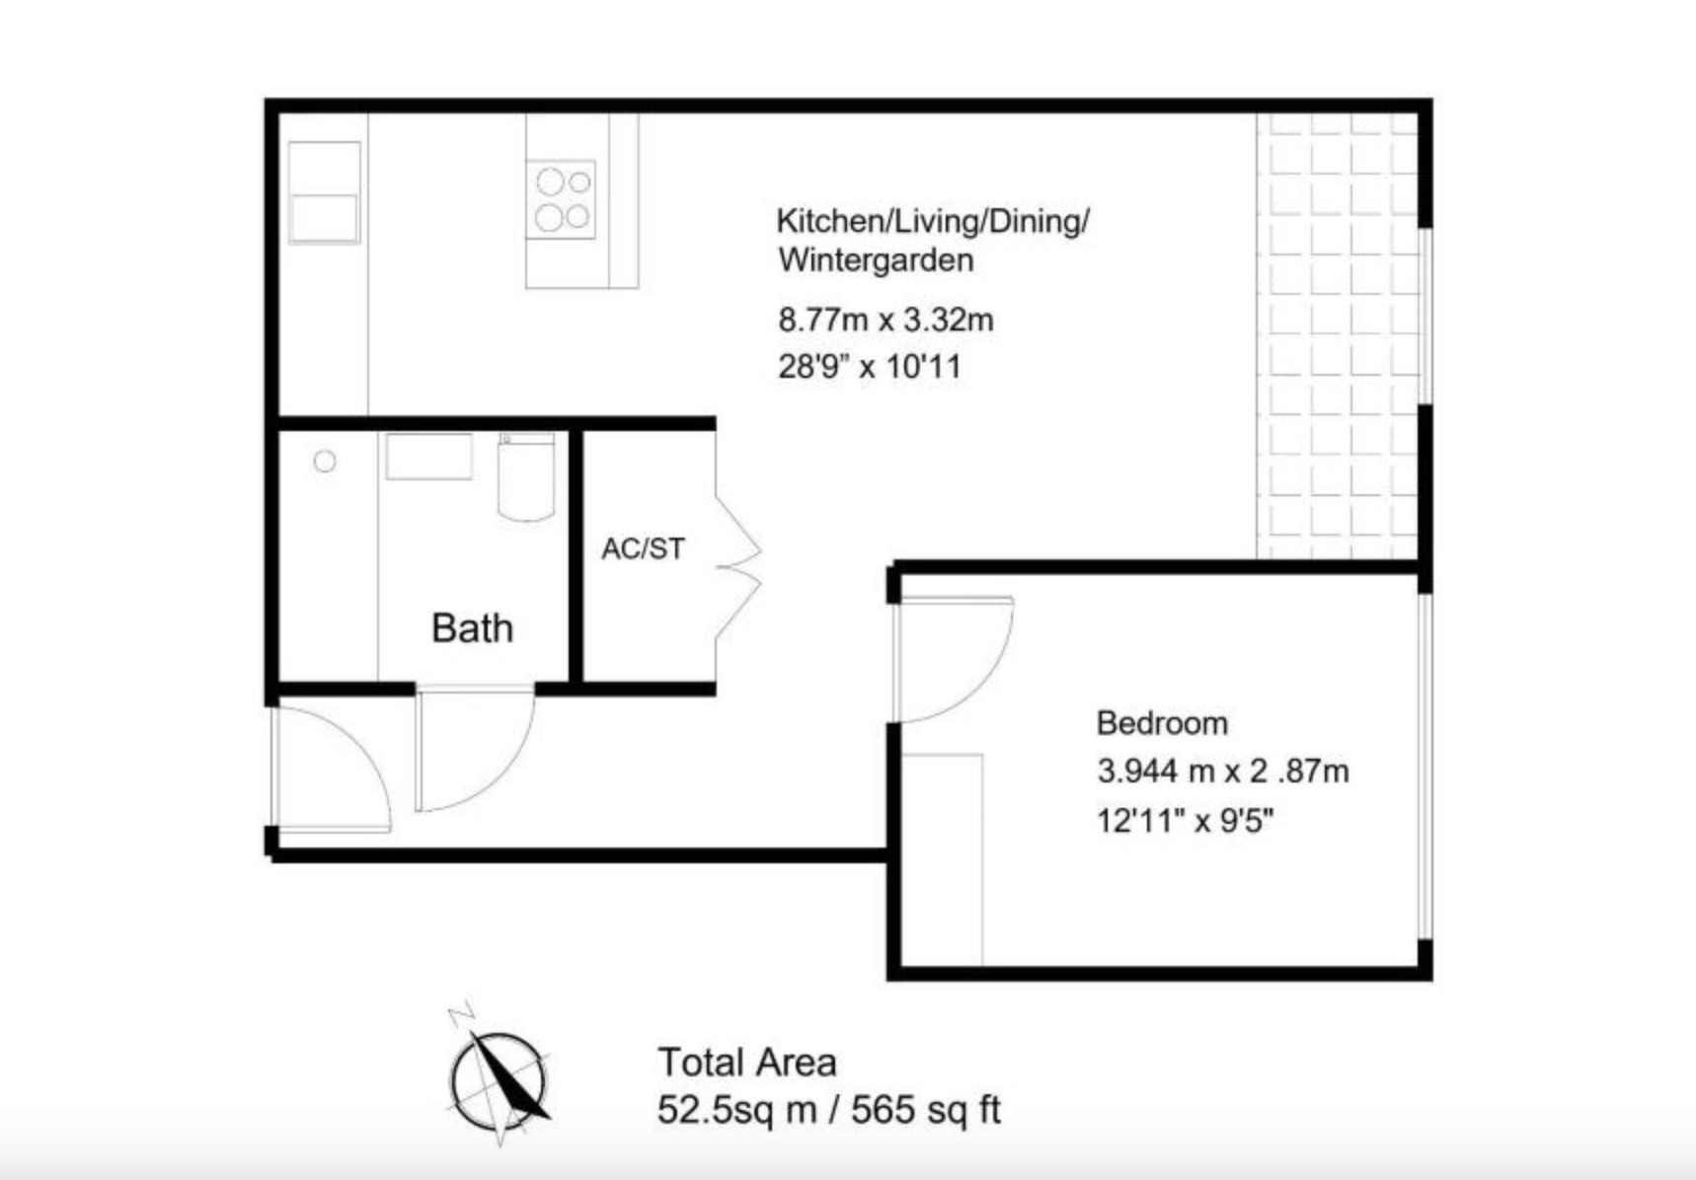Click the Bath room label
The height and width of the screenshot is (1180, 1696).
click(x=472, y=628)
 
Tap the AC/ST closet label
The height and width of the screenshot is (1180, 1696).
click(x=643, y=549)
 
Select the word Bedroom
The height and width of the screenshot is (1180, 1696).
click(x=1162, y=723)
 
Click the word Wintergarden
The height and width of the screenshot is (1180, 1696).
click(x=876, y=260)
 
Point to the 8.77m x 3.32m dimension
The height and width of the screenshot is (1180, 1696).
click(x=886, y=320)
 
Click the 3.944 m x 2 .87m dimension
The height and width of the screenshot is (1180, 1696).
click(x=1223, y=771)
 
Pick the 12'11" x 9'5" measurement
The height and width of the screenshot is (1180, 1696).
click(x=1185, y=820)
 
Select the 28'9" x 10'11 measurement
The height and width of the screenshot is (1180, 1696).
click(x=869, y=367)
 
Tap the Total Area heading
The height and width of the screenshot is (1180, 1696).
click(x=747, y=1063)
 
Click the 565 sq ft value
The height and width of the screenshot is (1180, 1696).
click(x=926, y=1111)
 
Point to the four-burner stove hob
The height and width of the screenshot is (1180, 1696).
click(x=561, y=199)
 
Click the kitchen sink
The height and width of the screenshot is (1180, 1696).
click(x=324, y=192)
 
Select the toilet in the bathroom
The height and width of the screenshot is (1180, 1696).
click(x=526, y=477)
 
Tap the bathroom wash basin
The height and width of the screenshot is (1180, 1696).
click(x=428, y=456)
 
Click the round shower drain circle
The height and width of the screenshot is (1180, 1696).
click(x=325, y=461)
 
